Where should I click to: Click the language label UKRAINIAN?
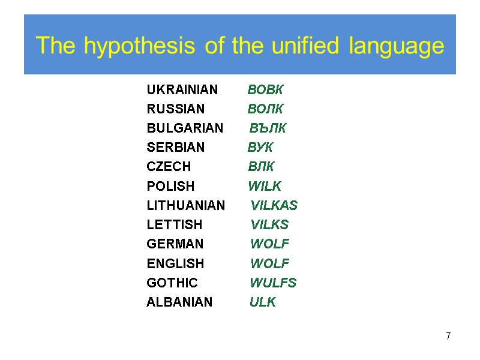(182, 90)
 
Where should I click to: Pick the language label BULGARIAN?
(185, 128)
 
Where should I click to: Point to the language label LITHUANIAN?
(186, 206)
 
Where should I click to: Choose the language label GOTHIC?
(172, 283)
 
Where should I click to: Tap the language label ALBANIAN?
(179, 302)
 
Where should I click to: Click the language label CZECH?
(169, 167)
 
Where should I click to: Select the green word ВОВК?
(265, 90)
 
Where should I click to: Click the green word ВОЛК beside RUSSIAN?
(265, 109)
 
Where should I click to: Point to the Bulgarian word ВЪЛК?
(268, 128)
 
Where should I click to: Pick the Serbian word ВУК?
(260, 148)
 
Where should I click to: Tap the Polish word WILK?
(265, 186)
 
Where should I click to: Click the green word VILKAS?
(274, 206)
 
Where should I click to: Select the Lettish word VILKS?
(269, 225)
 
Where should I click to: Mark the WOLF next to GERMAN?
(269, 244)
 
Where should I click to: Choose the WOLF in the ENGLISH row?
(269, 263)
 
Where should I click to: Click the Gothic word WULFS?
(273, 283)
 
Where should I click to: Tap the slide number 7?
(448, 336)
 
